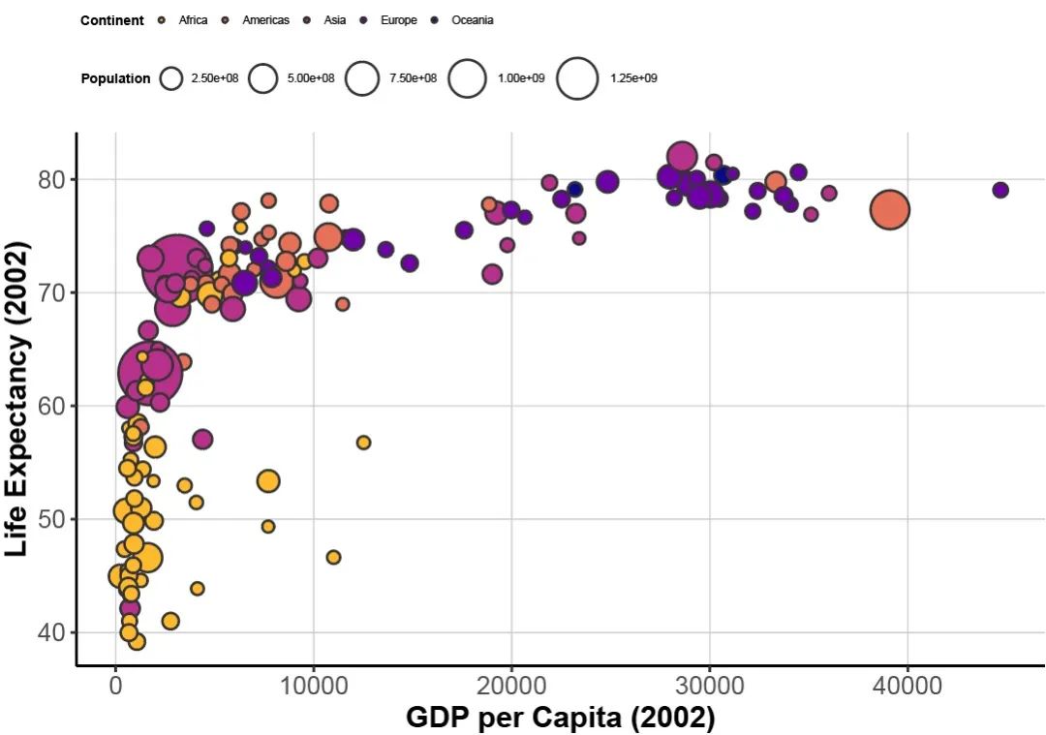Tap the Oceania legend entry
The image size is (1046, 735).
pos(472,20)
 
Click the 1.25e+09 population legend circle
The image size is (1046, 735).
pos(578,78)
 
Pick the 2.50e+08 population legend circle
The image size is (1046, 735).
pos(171,78)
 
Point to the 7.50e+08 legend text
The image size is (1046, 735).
pos(413,78)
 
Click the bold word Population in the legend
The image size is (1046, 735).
pos(115,78)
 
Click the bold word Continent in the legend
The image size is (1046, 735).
pos(112,20)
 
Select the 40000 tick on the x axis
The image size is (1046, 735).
pos(908,687)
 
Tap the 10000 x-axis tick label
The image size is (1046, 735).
pos(313,687)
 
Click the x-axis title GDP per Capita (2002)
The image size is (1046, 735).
pos(560,718)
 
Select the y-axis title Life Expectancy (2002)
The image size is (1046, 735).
pos(16,398)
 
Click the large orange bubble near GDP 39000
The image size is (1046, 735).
pos(889,210)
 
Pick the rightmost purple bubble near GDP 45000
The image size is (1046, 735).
pos(1000,190)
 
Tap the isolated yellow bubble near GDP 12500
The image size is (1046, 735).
pos(363,443)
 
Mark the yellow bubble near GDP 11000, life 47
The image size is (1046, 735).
pos(333,557)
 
